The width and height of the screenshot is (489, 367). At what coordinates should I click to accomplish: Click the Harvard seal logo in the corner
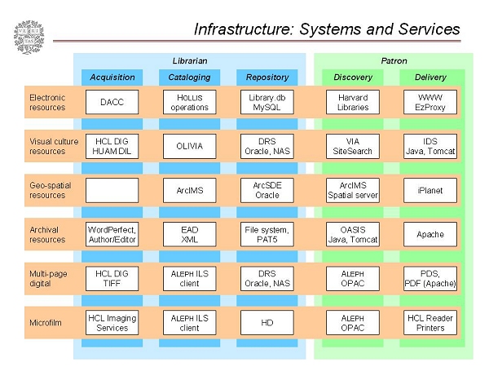tap(28, 37)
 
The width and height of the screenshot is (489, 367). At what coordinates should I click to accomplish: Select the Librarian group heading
tap(190, 60)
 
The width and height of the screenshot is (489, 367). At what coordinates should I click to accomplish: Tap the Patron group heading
tap(394, 60)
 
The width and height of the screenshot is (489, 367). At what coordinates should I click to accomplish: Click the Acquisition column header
tap(112, 77)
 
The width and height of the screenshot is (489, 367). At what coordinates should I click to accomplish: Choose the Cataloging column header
tap(189, 77)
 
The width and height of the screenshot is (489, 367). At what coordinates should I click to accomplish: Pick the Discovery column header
tap(353, 77)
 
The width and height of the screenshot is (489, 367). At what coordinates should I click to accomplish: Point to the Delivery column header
tap(430, 77)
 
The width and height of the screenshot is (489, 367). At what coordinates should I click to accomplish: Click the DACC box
tap(112, 102)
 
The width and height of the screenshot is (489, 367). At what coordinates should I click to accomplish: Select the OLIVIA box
tap(189, 146)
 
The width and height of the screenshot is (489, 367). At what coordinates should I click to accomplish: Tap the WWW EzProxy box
tap(430, 102)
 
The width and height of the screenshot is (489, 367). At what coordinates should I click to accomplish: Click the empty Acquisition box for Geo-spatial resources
tap(112, 190)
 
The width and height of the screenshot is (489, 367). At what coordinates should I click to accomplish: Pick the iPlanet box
tap(430, 190)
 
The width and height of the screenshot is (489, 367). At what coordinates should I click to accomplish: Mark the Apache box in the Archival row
tap(430, 234)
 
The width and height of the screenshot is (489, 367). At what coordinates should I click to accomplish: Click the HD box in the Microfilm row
tap(267, 322)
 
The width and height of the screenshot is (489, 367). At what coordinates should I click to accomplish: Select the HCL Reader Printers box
tap(430, 322)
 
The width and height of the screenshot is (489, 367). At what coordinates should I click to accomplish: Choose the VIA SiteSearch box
tap(353, 146)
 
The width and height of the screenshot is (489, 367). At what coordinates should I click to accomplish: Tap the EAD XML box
tap(189, 234)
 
